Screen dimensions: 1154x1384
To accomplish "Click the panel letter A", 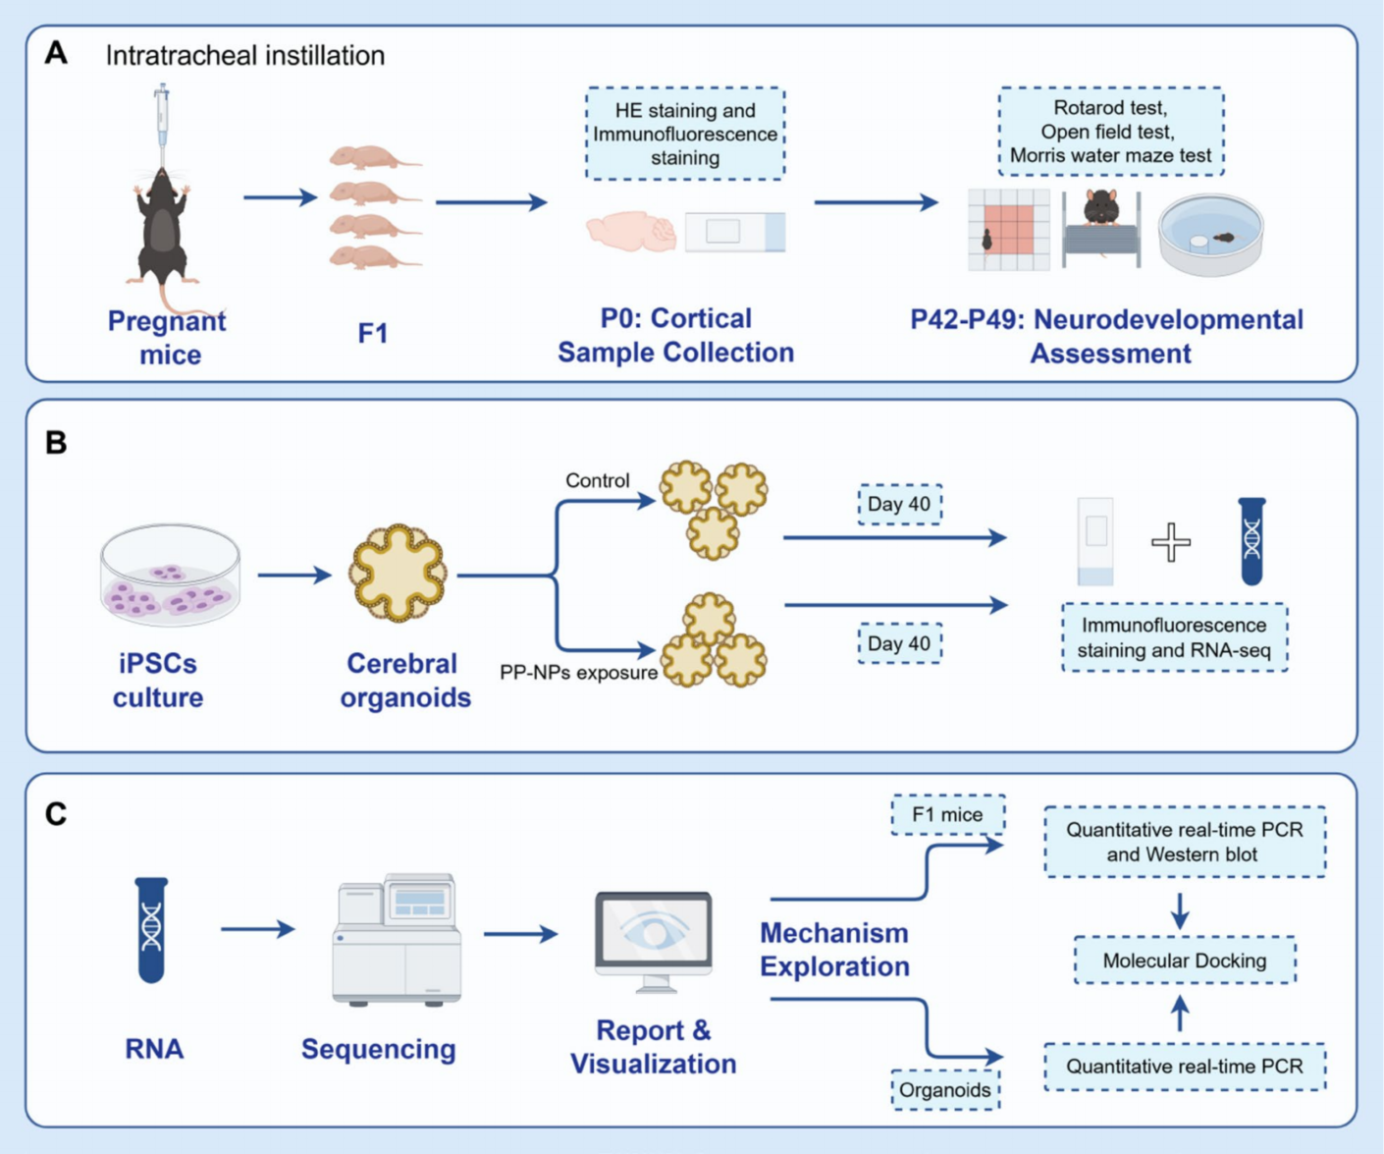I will coord(56,53).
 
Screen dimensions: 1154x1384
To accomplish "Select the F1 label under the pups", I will coord(373,334).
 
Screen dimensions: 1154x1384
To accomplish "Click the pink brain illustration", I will coord(630,232).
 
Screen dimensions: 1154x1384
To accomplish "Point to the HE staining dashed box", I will coord(685,134).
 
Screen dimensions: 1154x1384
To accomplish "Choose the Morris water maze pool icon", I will coord(1210,234).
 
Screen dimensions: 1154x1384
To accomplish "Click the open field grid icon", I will coord(1008,230).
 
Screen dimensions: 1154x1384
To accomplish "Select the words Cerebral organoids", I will coord(404,680).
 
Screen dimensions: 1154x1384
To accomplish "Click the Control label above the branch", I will coord(597,480).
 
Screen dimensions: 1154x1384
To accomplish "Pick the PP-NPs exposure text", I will coord(578,673).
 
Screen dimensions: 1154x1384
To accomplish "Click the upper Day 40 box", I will coord(899,504).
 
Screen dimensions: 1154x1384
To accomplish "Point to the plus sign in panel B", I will coord(1171,542).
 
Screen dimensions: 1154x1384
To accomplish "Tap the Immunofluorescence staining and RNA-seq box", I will coord(1174,637).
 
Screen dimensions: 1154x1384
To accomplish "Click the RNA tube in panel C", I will coord(151,929).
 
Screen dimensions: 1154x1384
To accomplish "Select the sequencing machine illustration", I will coord(397,940).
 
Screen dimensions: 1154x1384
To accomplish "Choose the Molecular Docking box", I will coord(1185,961).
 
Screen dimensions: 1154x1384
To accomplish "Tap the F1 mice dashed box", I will coord(947,814).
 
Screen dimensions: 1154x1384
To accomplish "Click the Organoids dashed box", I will coord(945,1090).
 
